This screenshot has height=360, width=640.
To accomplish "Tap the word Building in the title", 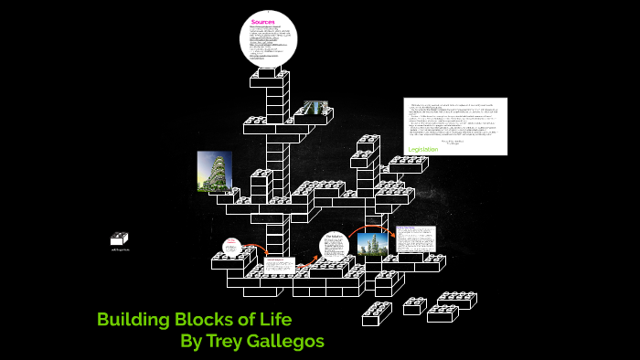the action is click(x=134, y=320).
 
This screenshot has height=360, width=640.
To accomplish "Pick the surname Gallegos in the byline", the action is click(x=288, y=342).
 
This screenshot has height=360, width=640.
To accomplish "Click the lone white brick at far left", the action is click(x=119, y=238).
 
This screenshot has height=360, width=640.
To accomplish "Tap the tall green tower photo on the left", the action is click(x=214, y=171).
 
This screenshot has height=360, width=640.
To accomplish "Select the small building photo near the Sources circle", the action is click(x=315, y=109).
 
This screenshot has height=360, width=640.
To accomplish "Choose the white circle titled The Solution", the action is click(x=335, y=247).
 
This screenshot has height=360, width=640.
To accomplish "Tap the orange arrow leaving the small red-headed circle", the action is click(x=256, y=249).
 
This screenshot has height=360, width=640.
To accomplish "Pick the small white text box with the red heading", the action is click(x=276, y=266).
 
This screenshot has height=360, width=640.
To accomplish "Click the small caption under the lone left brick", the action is click(x=120, y=249).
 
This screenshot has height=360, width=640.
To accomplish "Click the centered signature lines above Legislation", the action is click(x=453, y=141).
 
